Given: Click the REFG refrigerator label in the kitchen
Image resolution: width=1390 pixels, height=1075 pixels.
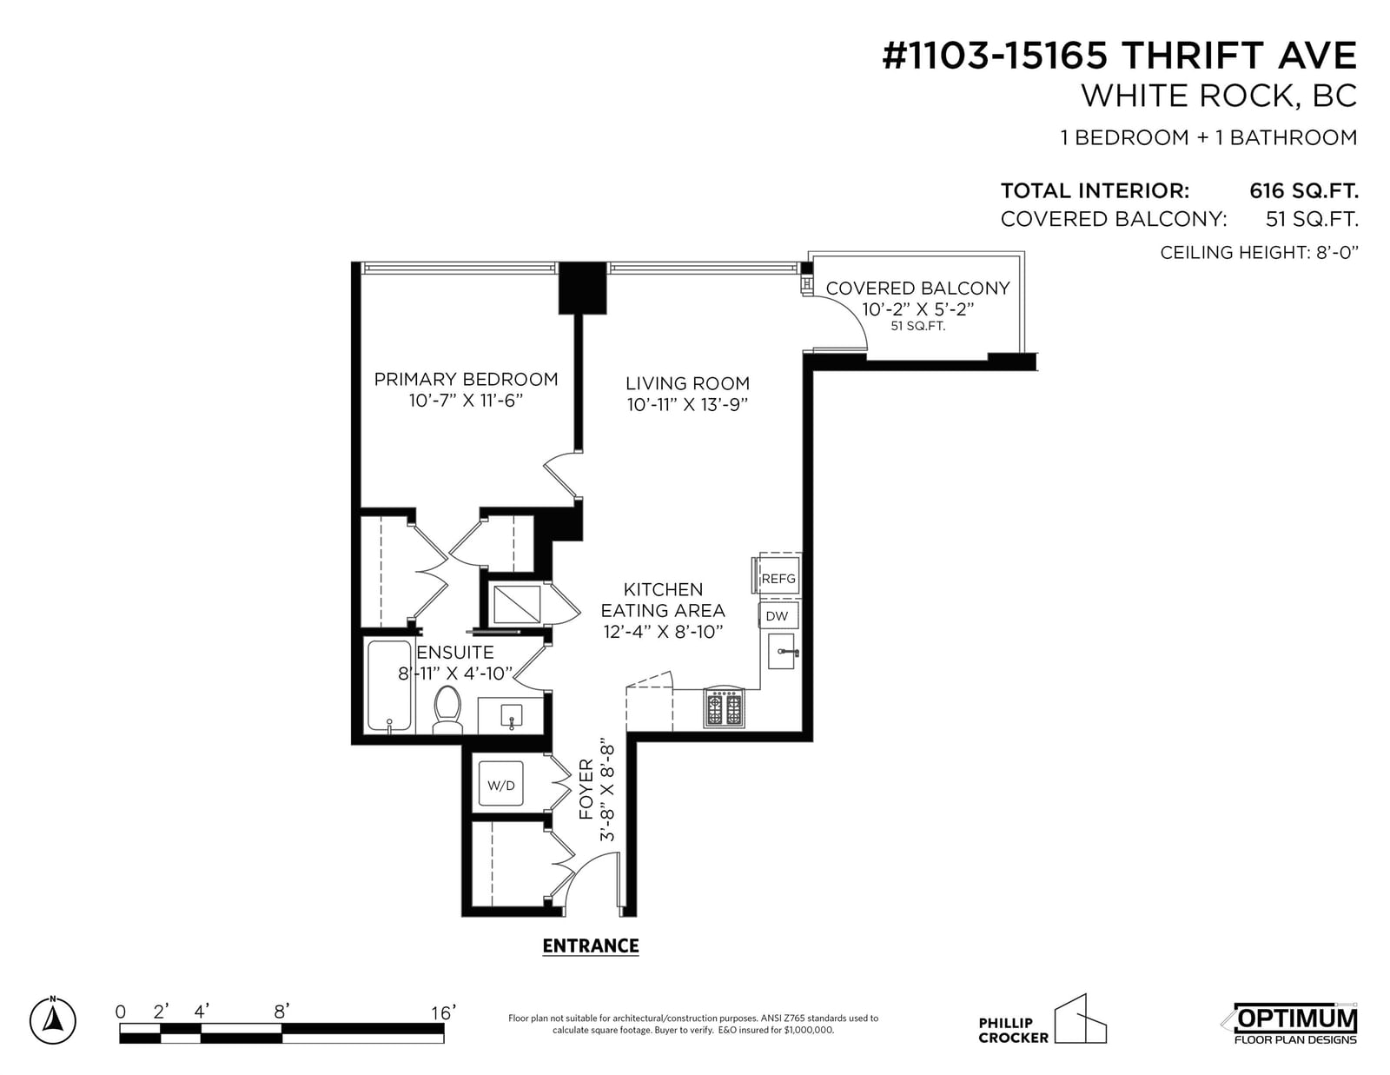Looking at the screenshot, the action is [778, 579].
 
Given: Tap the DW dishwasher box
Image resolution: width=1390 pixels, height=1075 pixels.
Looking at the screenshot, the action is [778, 615].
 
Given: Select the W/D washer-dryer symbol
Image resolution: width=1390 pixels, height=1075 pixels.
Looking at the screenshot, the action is [501, 785].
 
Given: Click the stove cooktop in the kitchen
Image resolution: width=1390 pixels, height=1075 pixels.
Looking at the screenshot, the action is [725, 707].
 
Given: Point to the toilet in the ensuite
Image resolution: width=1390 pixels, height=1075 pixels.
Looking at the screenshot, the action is [447, 710].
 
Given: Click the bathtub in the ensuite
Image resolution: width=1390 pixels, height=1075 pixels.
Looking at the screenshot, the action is [389, 686].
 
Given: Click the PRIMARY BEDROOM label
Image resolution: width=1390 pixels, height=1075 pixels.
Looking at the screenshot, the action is [466, 380].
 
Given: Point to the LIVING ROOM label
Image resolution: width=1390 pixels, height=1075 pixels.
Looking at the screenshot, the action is [688, 383].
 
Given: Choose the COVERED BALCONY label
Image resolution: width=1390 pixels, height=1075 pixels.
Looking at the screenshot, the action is [918, 288].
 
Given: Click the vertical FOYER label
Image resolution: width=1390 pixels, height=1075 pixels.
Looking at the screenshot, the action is [586, 789].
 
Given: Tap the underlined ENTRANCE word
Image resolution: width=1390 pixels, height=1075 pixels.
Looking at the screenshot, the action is [591, 946].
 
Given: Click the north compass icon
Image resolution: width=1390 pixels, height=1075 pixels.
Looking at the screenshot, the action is [53, 1020].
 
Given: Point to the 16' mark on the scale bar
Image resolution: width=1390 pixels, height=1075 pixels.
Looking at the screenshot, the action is [443, 1012].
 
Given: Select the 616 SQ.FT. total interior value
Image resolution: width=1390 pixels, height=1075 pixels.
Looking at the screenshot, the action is [1304, 190].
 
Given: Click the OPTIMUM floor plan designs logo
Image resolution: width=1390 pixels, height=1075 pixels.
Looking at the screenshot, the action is [1294, 1024].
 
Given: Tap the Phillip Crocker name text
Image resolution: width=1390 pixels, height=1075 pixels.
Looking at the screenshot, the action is [1013, 1030].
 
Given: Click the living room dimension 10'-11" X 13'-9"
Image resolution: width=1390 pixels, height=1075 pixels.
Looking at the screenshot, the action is [688, 404].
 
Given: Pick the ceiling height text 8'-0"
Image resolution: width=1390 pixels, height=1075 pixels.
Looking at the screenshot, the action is [1337, 253].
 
